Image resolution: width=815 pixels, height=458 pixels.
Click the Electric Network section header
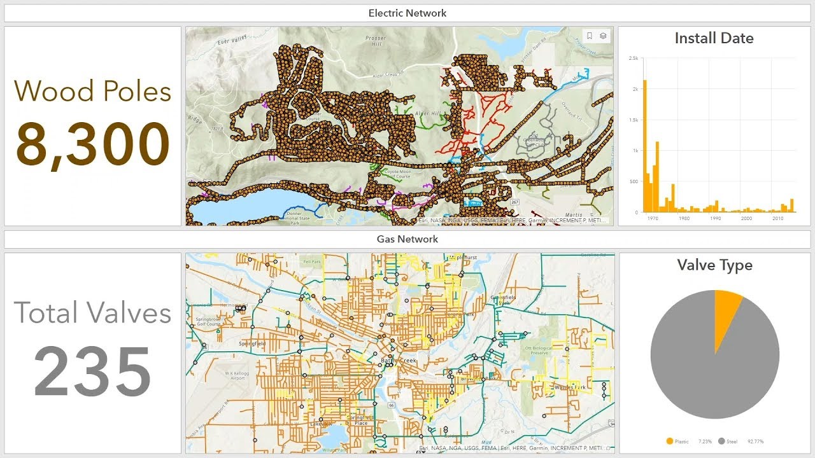point(407,13)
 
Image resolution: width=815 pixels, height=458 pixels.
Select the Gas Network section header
point(407,239)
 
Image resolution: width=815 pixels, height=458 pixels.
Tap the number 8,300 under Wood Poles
point(93,144)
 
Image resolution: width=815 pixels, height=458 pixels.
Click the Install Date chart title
point(714,38)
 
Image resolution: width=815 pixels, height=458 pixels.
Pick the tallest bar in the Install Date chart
point(645,146)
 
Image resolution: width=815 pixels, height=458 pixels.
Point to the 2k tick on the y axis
point(634,89)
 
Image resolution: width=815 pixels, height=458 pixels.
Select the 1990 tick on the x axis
point(715,218)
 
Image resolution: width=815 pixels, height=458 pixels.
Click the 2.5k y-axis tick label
point(633,58)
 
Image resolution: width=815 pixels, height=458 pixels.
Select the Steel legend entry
point(733,441)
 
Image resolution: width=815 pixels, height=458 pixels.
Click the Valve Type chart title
point(714,265)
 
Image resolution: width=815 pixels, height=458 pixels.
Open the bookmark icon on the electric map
point(590,36)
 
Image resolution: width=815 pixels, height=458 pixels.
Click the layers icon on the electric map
point(603,36)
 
